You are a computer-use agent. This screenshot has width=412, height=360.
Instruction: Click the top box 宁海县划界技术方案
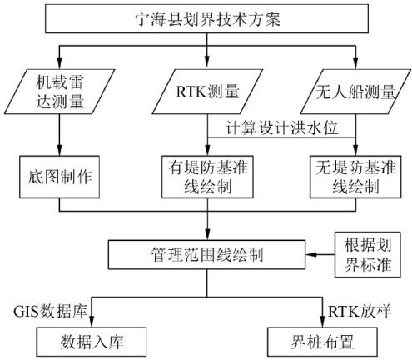click(206, 18)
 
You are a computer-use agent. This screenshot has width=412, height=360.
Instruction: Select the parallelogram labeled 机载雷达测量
click(59, 92)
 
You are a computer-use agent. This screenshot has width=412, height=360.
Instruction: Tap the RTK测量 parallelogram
click(207, 92)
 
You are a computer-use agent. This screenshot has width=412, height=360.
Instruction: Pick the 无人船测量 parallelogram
click(355, 92)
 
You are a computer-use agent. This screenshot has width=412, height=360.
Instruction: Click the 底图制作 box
click(59, 177)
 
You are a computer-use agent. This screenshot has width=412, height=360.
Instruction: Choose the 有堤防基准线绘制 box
click(207, 177)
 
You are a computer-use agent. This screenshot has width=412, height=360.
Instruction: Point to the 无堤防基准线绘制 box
click(355, 177)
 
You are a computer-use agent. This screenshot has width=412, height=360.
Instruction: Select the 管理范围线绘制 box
click(206, 255)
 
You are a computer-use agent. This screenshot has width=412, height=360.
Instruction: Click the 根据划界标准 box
click(368, 255)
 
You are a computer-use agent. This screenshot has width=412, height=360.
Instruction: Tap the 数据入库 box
click(92, 342)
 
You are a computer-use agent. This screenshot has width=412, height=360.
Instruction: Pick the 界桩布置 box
click(322, 342)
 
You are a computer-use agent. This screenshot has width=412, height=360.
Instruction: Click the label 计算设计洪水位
click(281, 128)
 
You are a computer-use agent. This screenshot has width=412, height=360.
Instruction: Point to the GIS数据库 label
click(50, 312)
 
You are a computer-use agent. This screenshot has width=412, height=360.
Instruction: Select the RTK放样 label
click(360, 312)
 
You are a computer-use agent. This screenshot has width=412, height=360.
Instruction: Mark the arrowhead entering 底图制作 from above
click(59, 150)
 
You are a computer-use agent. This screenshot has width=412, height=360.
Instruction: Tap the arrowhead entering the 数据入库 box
click(92, 322)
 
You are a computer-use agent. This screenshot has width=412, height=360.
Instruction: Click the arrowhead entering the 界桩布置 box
click(322, 322)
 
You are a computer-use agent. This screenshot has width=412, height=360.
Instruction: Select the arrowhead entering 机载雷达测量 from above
click(59, 64)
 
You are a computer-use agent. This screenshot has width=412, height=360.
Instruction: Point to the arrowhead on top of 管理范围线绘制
click(207, 234)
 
